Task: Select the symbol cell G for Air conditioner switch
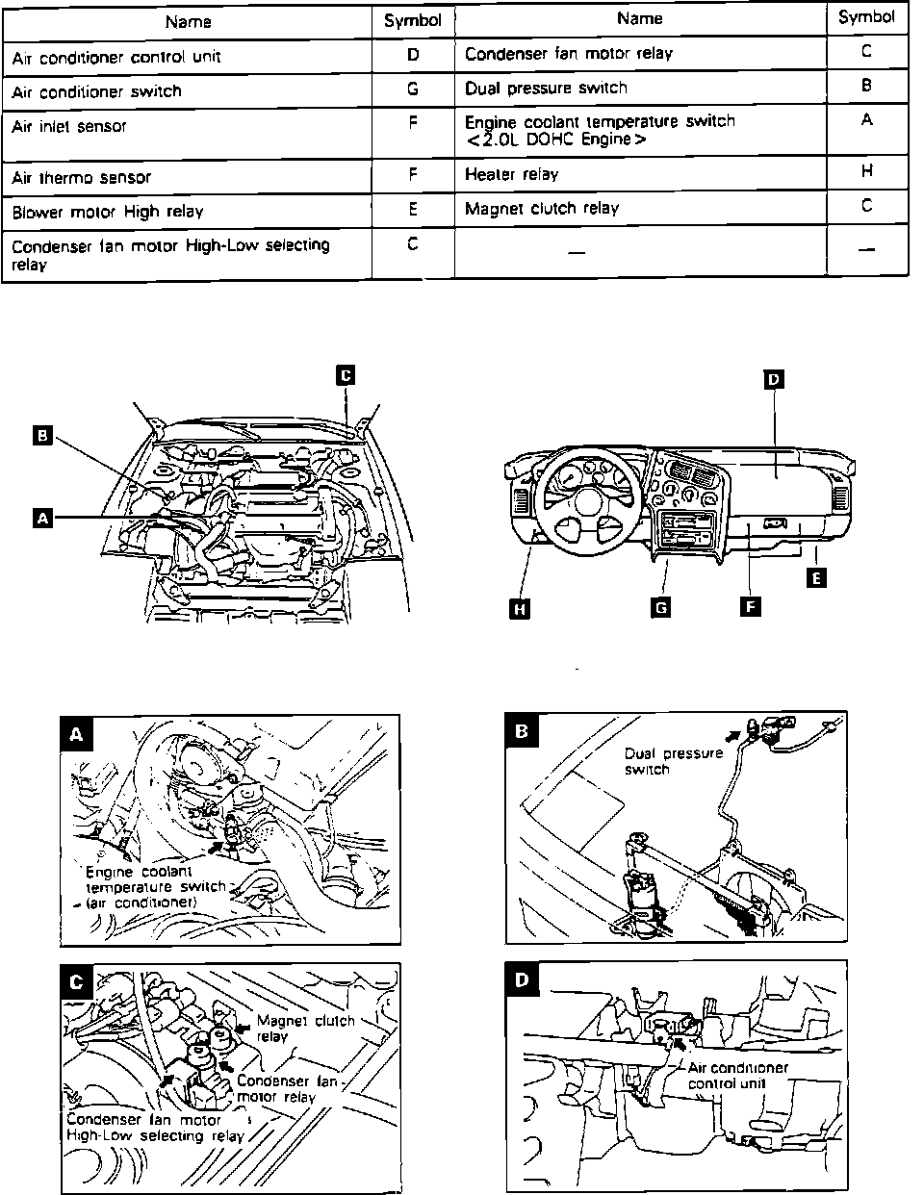tap(412, 90)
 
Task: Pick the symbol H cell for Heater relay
tap(866, 172)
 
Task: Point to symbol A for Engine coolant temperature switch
tap(866, 120)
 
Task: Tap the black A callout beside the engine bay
tap(40, 518)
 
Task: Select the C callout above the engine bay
tap(345, 375)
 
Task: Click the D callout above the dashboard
tap(773, 379)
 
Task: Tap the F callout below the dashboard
tap(748, 606)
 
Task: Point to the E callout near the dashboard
tap(816, 578)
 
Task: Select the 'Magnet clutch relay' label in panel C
tap(306, 1029)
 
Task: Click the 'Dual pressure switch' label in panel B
tap(673, 761)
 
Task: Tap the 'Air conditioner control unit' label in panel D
tap(737, 1076)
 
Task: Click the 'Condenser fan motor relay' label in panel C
tap(287, 1089)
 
